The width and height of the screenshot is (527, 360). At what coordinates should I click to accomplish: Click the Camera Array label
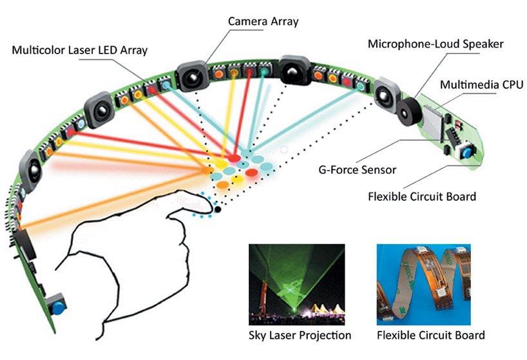[263, 21]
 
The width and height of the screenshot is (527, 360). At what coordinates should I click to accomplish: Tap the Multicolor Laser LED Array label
[80, 50]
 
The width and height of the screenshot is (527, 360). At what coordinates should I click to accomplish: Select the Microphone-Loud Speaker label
[436, 44]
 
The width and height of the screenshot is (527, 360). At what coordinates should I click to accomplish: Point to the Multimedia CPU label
[482, 84]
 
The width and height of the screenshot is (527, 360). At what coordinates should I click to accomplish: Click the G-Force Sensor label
[358, 169]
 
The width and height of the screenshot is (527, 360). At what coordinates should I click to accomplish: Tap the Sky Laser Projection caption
[300, 335]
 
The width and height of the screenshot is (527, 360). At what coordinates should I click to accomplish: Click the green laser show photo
[297, 285]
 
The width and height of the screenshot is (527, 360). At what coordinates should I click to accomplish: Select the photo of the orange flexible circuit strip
[423, 285]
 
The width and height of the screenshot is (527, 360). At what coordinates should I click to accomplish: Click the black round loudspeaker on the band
[409, 111]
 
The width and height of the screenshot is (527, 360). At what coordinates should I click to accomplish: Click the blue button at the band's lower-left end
[58, 308]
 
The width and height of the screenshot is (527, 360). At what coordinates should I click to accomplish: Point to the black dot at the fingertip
[218, 209]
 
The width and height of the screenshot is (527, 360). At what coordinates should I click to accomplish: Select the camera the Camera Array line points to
[192, 76]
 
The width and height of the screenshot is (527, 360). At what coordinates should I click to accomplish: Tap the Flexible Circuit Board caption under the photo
[430, 335]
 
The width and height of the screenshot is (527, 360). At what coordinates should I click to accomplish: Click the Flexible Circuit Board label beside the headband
[422, 196]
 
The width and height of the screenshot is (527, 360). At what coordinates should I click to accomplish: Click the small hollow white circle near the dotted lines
[284, 150]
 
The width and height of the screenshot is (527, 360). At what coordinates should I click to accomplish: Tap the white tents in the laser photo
[323, 308]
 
